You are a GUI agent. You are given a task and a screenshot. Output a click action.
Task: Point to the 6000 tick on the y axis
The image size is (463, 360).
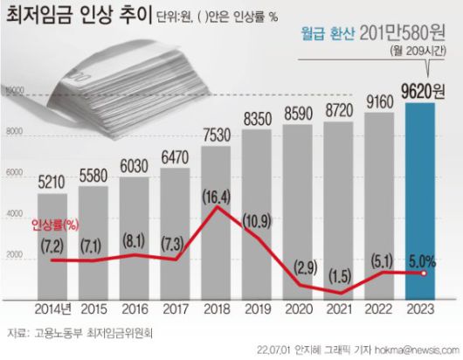(13, 173)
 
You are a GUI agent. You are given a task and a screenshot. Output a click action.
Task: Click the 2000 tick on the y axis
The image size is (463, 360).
(13, 255)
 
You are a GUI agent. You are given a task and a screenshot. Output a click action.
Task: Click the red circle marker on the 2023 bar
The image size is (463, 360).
(422, 273)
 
